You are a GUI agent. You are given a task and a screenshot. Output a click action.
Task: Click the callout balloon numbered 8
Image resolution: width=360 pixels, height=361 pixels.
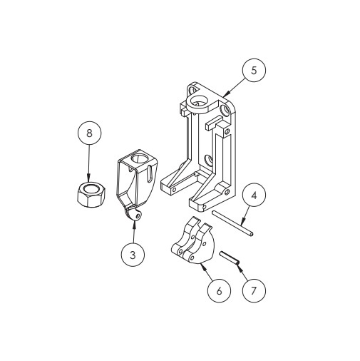[x=88, y=133]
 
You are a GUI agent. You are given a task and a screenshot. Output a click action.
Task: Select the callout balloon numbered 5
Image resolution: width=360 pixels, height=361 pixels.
[x=254, y=71]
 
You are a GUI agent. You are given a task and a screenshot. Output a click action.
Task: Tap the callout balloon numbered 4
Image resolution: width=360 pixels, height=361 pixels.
[x=253, y=195]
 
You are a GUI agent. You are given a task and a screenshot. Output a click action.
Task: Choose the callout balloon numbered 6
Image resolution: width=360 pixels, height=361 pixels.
[x=219, y=290]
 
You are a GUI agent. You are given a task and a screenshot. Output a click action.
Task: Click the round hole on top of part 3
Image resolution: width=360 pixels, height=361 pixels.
[x=141, y=158]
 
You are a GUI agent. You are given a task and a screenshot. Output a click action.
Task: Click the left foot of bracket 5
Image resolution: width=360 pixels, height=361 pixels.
[x=171, y=188]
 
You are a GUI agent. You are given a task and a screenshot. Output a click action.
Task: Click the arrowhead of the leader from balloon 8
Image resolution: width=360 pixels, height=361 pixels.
[x=88, y=180]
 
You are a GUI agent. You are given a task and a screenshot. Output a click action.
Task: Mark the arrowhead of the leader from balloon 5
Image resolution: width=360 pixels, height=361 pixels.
[x=223, y=94]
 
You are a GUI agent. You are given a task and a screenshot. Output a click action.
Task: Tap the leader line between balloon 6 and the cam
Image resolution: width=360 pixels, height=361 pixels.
[x=209, y=275]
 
